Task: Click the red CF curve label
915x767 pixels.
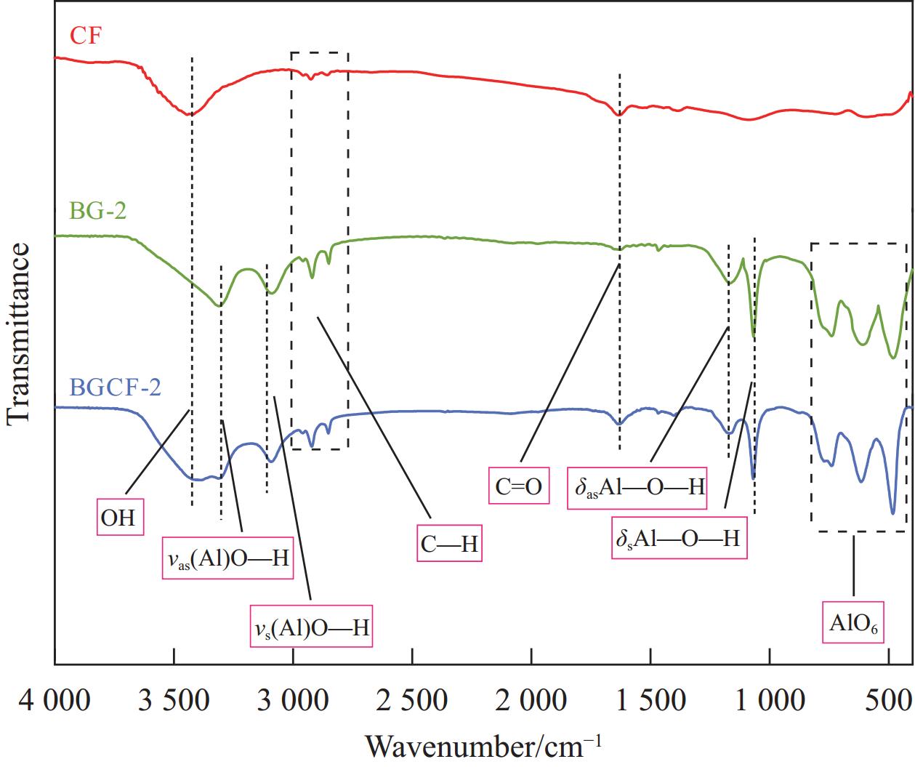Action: click(x=85, y=35)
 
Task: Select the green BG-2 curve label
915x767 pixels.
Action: click(x=98, y=211)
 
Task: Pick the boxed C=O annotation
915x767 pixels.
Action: click(x=519, y=486)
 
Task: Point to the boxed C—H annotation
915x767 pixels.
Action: click(x=450, y=543)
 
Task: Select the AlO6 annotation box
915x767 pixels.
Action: click(x=852, y=622)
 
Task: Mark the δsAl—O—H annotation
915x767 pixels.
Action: click(x=677, y=539)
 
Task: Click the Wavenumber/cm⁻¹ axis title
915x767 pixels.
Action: click(x=483, y=746)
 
